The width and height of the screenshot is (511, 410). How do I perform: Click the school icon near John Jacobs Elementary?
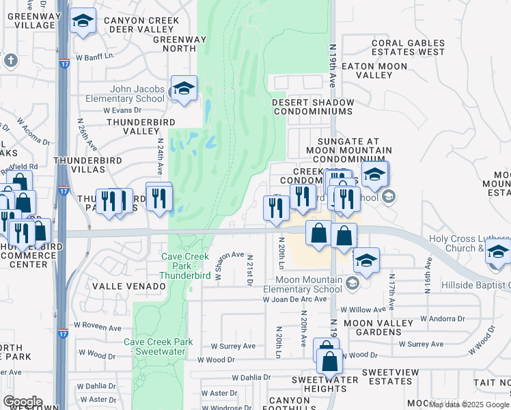click(x=183, y=89)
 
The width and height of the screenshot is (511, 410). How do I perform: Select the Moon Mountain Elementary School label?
click(x=303, y=284)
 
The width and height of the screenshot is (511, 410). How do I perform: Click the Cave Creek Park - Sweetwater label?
click(x=158, y=346)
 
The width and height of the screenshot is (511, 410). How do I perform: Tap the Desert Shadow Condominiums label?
click(x=313, y=107)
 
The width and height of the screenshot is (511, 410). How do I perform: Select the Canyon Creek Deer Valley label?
click(x=141, y=25)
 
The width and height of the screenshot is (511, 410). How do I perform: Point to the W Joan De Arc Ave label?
click(x=305, y=299)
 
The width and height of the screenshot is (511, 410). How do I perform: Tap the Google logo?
click(x=23, y=402)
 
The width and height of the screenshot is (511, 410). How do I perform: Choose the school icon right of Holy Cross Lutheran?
click(x=498, y=251)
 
